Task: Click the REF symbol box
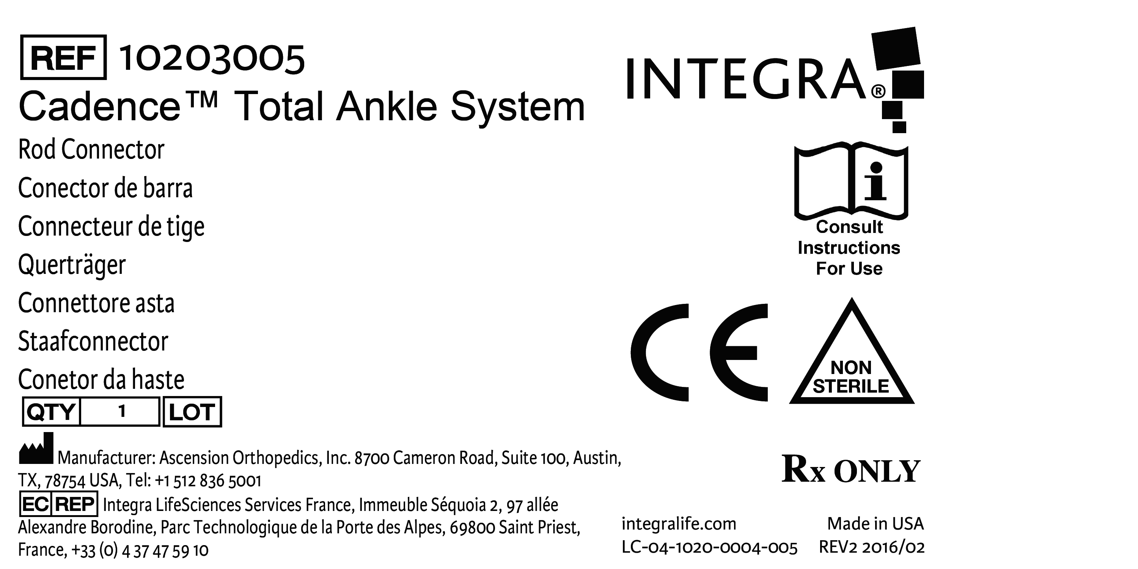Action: [63, 57]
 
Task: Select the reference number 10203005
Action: [212, 59]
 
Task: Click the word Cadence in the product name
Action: [100, 107]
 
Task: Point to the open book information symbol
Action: [851, 181]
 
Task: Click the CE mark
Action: [699, 352]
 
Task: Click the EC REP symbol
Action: [58, 504]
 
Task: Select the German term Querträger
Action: [72, 265]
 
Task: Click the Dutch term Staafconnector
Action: [93, 341]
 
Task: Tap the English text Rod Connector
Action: [91, 149]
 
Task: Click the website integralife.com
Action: [679, 524]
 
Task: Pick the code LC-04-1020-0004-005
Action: [709, 548]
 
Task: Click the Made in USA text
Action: [875, 524]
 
